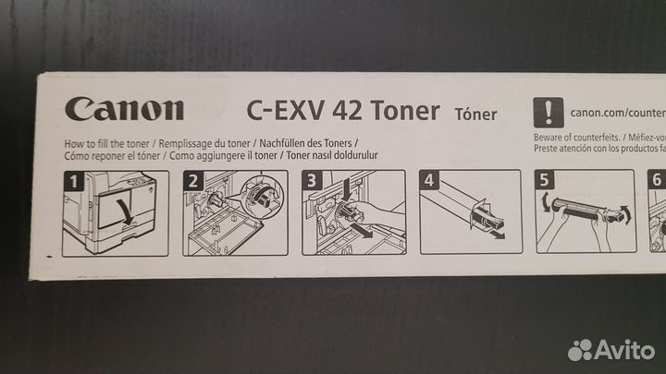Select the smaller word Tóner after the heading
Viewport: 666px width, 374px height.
coord(475,115)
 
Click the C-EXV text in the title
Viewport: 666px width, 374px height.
coord(281,112)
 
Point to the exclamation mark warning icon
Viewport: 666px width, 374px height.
coord(550,112)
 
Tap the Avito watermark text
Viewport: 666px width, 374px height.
coord(624,349)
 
